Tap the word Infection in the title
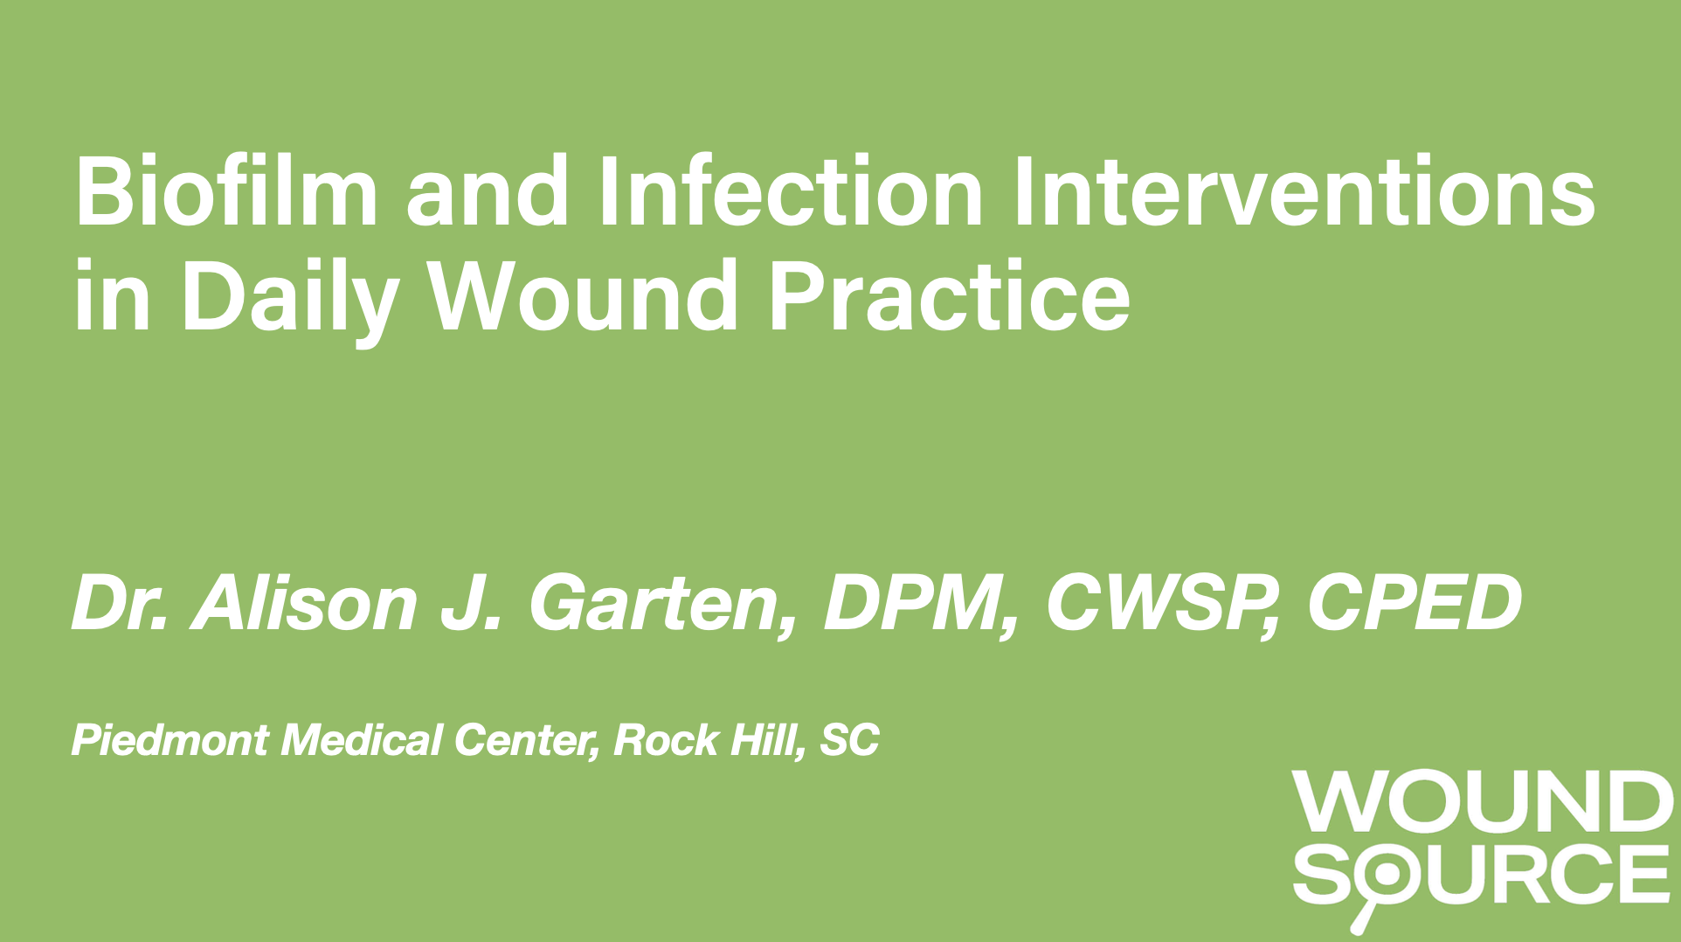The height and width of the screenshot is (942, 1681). click(x=792, y=190)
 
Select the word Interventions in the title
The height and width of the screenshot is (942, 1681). click(x=1304, y=190)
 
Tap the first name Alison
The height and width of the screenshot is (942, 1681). click(x=305, y=603)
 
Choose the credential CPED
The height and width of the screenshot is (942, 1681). click(x=1415, y=603)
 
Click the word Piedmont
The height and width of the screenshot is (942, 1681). click(x=170, y=740)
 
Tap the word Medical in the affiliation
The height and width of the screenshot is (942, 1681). click(x=362, y=740)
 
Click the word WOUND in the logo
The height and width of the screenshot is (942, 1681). click(x=1479, y=801)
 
